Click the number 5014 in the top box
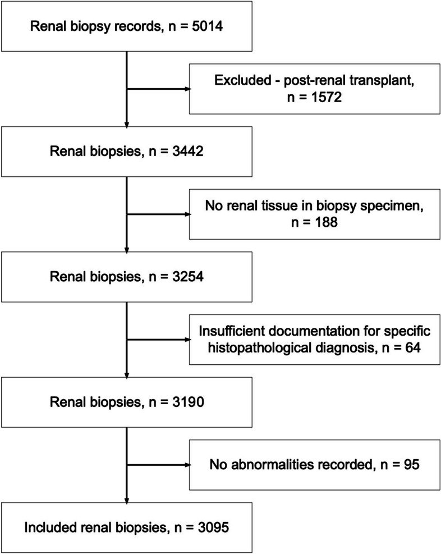point(207,26)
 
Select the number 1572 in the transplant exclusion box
point(327,97)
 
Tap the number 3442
point(188,151)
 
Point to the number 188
point(326,223)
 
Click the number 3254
point(188,277)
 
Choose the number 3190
point(188,402)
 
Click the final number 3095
point(213,528)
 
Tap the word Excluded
point(242,81)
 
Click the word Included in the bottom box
point(50,528)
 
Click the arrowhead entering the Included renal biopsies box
point(126,500)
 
